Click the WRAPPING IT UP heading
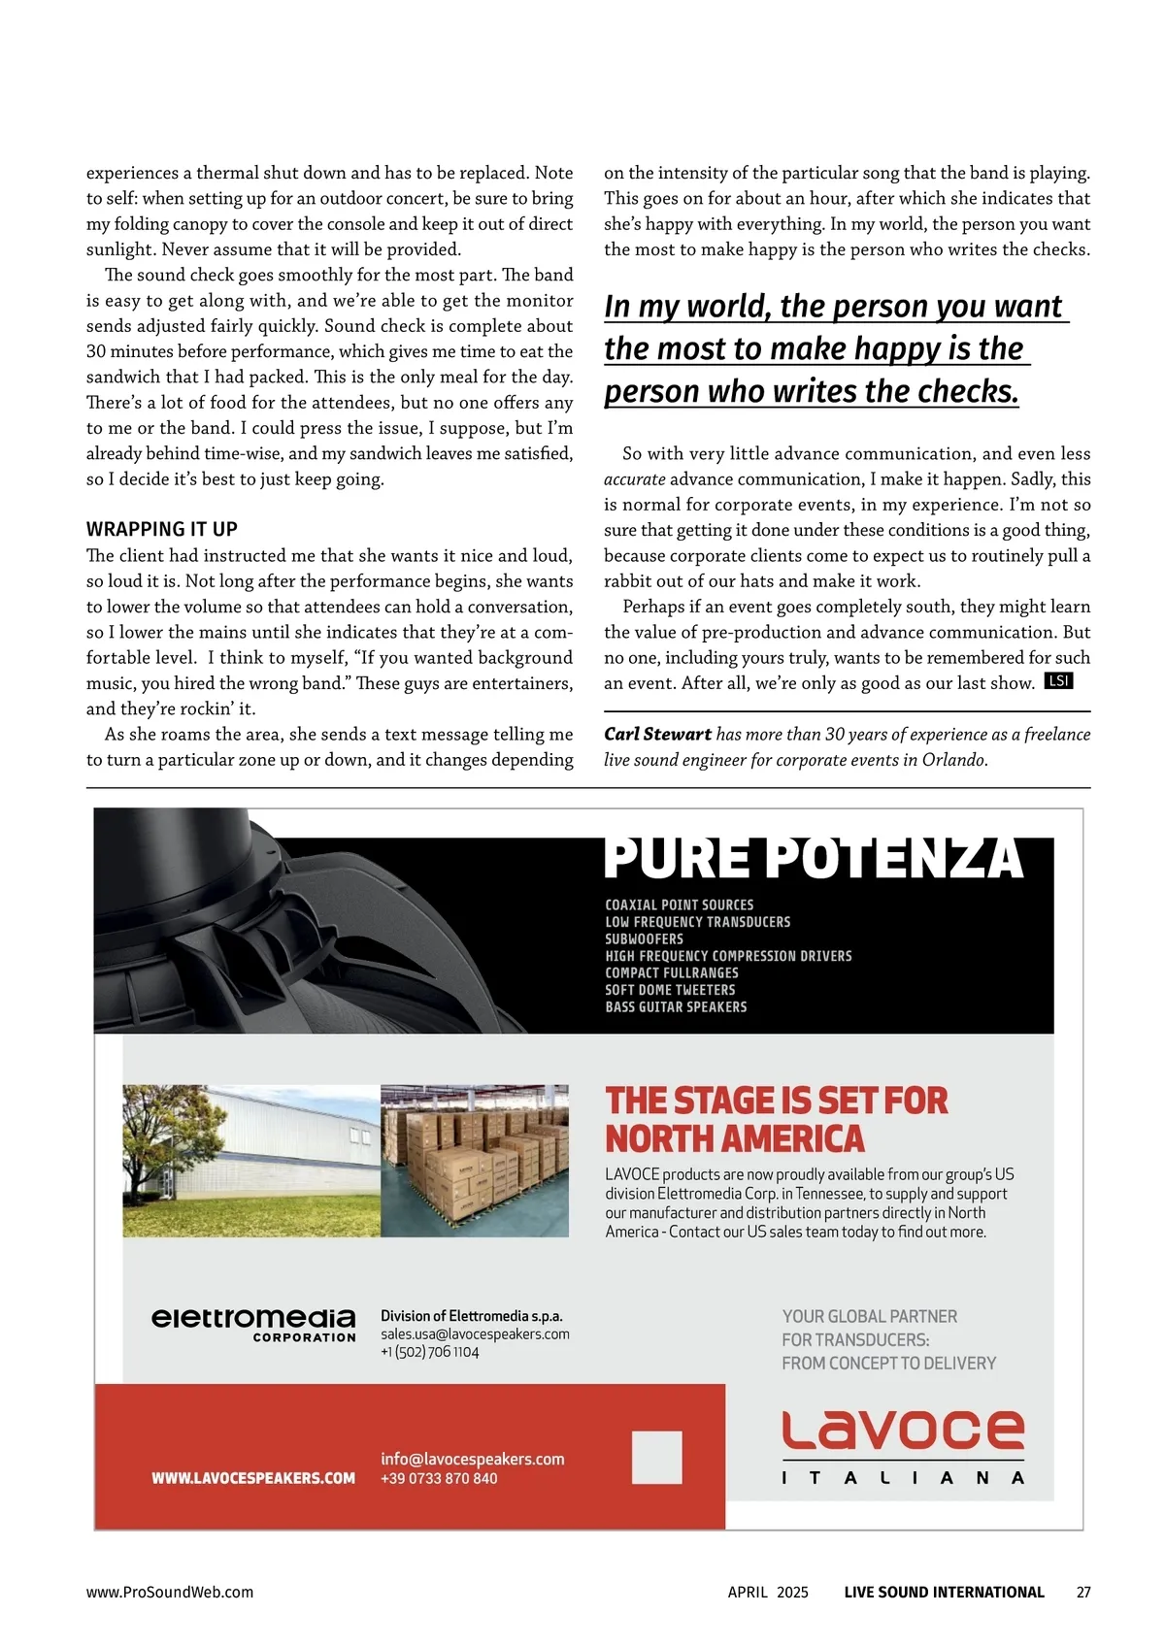162,529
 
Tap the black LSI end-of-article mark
1058,681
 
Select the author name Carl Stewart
657,735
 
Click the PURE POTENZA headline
814,858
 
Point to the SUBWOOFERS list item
644,939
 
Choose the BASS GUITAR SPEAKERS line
676,1007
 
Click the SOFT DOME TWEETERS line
670,990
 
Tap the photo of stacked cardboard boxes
475,1161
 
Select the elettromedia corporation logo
253,1324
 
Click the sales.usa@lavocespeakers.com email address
475,1334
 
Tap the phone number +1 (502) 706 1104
429,1353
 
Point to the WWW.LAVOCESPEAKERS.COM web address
253,1478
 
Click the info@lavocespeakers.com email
472,1459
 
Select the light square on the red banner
656,1457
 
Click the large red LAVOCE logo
903,1431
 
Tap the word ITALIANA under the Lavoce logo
903,1478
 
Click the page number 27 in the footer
1083,1593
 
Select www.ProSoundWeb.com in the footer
170,1593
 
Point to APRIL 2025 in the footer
768,1593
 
